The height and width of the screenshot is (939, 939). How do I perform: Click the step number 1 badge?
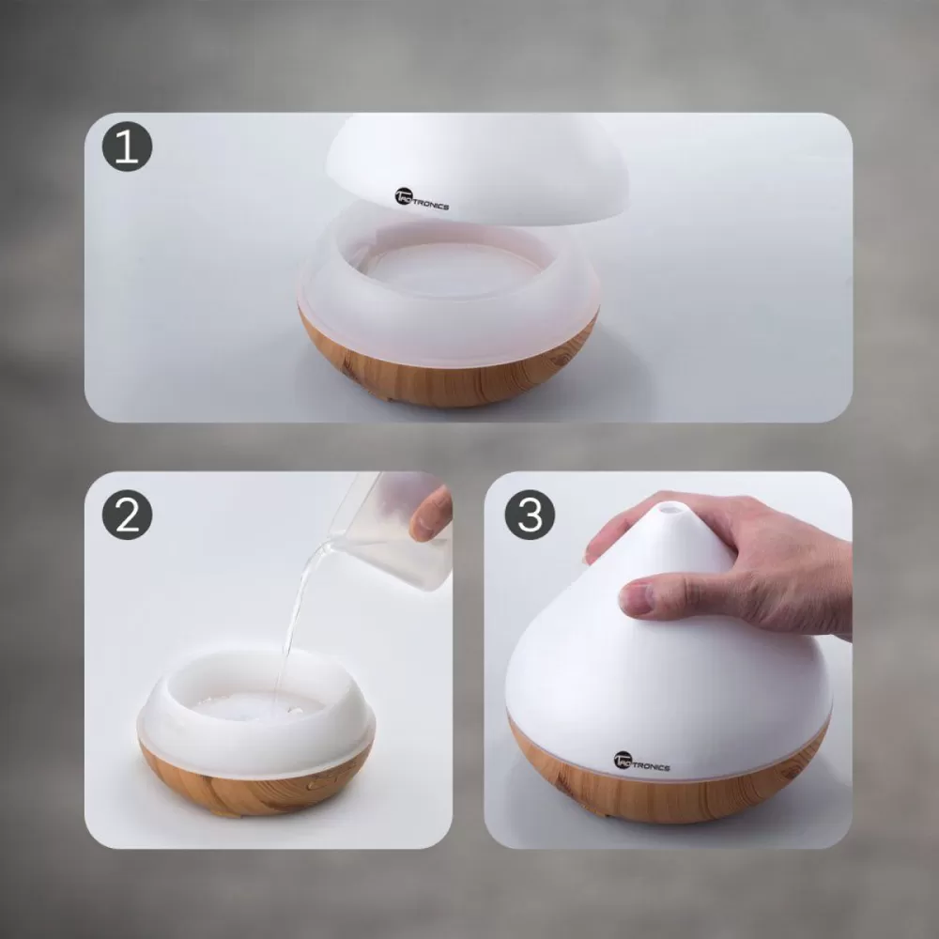pyautogui.click(x=127, y=146)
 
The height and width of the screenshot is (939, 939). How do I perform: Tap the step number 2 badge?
pyautogui.click(x=127, y=515)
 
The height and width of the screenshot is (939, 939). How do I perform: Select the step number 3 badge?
pyautogui.click(x=530, y=515)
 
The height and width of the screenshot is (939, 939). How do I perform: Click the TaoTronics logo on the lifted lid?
pyautogui.click(x=422, y=199)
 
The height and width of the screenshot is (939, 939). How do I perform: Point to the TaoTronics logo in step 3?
pyautogui.click(x=641, y=762)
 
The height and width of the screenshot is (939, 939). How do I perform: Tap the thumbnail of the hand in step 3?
pyautogui.click(x=635, y=601)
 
